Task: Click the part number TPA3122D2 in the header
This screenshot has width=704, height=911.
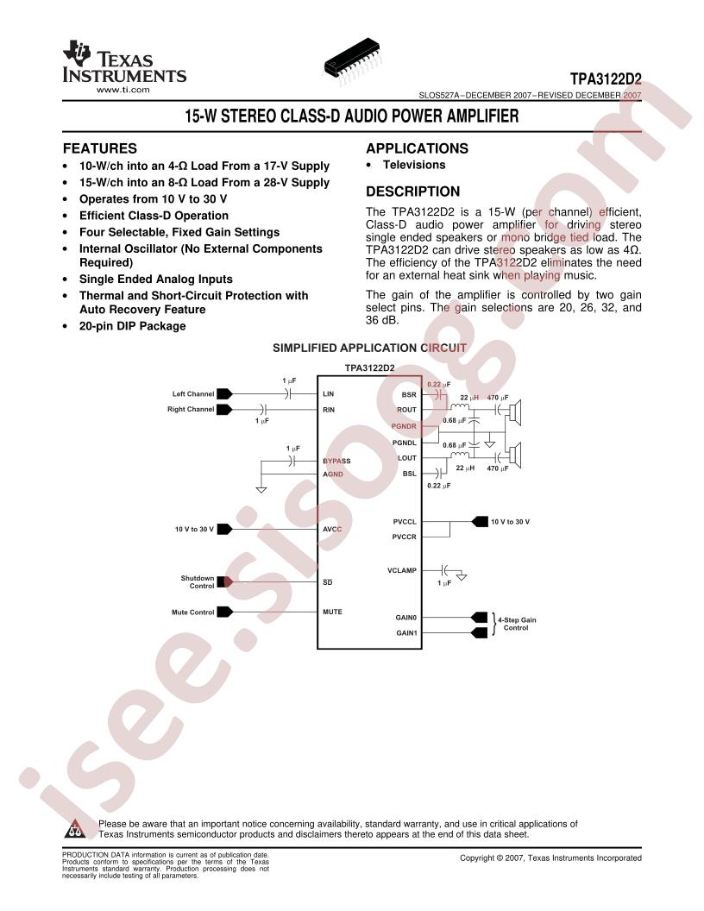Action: coord(606,79)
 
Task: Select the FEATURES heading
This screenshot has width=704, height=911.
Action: coord(100,148)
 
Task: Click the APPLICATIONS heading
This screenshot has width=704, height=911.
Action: coord(417,148)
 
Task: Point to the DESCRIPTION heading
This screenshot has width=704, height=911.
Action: coord(412,192)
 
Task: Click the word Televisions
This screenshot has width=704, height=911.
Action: coord(414,165)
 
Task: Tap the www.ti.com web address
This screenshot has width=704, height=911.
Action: coord(123,90)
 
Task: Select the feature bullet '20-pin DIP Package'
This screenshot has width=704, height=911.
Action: coord(133,326)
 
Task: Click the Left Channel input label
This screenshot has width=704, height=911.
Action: coord(193,394)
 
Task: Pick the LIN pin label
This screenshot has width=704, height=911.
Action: coord(328,394)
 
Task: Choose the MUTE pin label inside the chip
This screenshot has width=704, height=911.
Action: coord(332,612)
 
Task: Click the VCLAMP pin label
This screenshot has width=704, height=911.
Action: coord(402,570)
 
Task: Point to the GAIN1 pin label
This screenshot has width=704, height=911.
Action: coord(406,632)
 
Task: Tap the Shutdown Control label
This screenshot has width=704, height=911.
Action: coord(198,582)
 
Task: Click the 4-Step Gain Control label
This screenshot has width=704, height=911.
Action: coord(517,624)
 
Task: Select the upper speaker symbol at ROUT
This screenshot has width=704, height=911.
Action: coord(515,410)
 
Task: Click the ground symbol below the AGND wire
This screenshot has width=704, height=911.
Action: coord(261,490)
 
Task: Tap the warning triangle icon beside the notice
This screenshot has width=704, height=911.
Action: coord(74,829)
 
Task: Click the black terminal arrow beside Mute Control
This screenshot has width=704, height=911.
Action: coord(225,612)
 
